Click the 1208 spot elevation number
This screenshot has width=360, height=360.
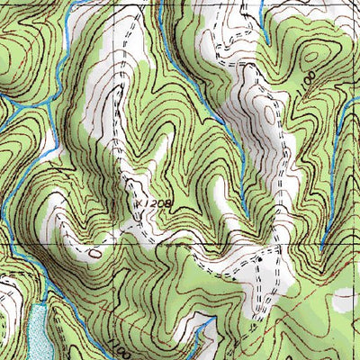(x=157, y=204)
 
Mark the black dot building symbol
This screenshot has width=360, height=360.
(x=261, y=259)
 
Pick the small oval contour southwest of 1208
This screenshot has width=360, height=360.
(x=95, y=254)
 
